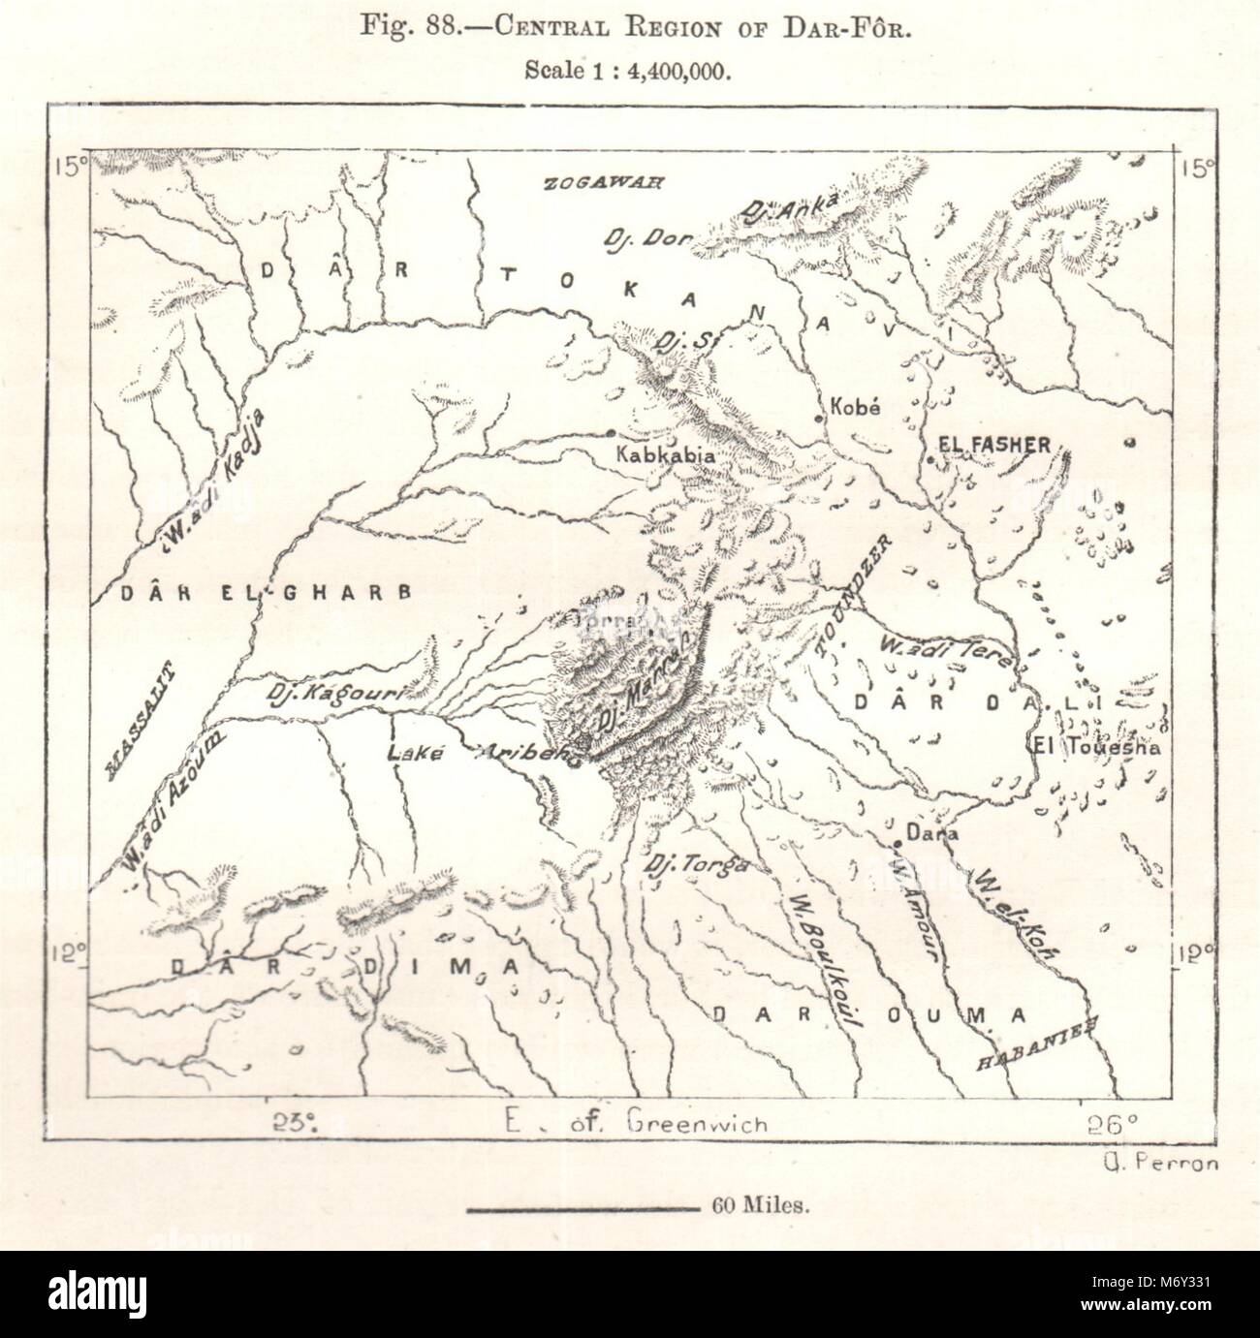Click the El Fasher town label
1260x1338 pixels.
[993, 445]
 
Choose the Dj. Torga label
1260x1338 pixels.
[697, 862]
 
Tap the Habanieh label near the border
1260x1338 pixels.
[1036, 1048]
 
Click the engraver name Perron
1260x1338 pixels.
[1161, 1165]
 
